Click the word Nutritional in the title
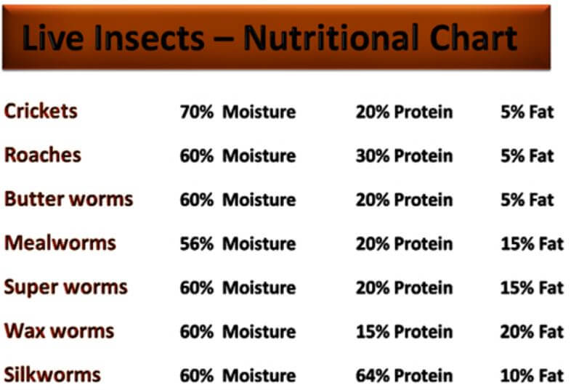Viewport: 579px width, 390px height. pos(331,38)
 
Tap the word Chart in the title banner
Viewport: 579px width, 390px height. pos(474,38)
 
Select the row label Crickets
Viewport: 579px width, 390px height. pos(41,111)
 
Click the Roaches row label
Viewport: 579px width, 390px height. pos(42,155)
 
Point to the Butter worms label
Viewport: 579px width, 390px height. pos(69,199)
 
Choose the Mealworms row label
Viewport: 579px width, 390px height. pos(60,243)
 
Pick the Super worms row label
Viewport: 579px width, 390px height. pos(65,288)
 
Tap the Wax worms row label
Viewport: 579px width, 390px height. pos(59,330)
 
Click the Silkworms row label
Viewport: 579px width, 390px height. pos(52,375)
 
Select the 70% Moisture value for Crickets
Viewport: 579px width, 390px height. pos(238,112)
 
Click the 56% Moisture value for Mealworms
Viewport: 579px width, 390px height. pos(238,243)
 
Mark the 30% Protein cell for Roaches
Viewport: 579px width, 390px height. pos(405,155)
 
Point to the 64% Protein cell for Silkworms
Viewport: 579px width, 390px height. pos(405,375)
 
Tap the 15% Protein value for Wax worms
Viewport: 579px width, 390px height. pos(405,331)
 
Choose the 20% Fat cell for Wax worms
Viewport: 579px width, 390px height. pos(532,331)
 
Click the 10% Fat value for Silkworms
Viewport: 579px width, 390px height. pos(532,375)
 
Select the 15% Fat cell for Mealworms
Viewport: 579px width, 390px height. pos(532,243)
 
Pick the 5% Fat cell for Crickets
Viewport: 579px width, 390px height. pos(527,112)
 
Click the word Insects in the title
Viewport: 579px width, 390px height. pos(149,38)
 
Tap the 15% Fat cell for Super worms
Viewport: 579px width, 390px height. pos(532,288)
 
